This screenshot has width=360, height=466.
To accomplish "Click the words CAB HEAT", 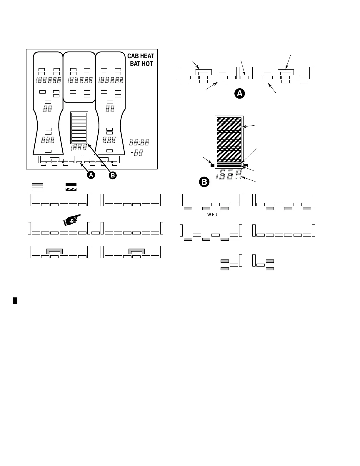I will pos(141,56).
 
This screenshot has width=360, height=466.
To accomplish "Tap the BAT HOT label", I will pos(141,64).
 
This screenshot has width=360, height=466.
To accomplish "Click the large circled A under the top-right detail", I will pos(240,94).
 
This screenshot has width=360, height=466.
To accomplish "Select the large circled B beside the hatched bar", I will pos(204,182).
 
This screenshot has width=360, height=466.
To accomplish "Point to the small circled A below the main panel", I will pos(91,175).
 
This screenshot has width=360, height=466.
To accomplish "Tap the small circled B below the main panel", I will pos(112,175).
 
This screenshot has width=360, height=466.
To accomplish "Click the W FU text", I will pos(212,215).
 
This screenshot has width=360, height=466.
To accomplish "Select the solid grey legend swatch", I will pos(37,184).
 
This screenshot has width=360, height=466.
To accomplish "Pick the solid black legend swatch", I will pos(71,184).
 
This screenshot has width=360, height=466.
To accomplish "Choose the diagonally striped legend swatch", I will pos(71,189).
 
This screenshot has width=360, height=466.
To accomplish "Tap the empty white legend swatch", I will pos(37,189).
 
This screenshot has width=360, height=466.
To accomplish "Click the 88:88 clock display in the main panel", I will pos(139,143).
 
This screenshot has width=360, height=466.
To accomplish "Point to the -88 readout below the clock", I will pos(138,152).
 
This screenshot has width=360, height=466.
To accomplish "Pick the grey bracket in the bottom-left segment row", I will pos(55,251).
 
